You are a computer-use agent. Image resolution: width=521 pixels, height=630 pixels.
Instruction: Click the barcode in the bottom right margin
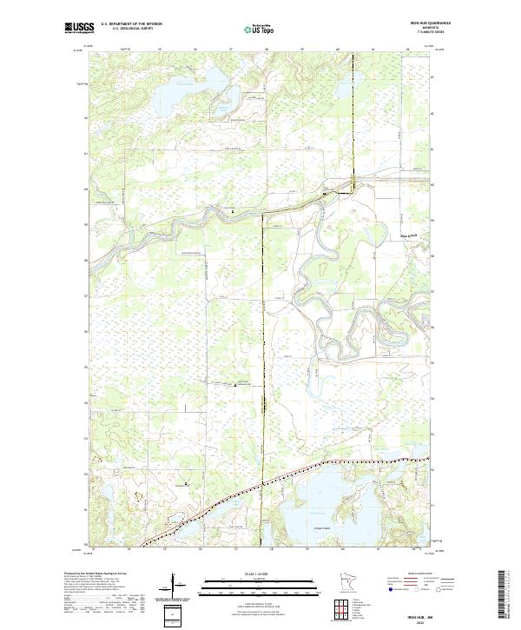pos(501,594)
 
